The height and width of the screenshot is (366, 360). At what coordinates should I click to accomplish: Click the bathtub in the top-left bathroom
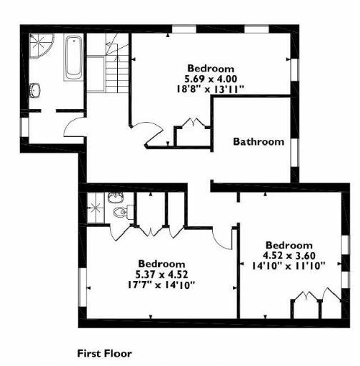coord(73,58)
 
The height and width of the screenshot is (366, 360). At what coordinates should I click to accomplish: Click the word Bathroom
coord(258,141)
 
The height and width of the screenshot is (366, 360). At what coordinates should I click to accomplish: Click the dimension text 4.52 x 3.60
coord(289,255)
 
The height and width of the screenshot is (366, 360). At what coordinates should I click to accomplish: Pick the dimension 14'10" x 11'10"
coord(289,265)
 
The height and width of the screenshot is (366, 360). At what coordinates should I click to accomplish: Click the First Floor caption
coord(104,352)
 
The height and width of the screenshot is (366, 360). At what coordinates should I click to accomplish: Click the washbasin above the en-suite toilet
coord(116,197)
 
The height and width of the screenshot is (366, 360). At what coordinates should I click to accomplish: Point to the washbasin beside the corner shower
coord(36,90)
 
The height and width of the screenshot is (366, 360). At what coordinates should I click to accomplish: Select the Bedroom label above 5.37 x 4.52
coord(162,263)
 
